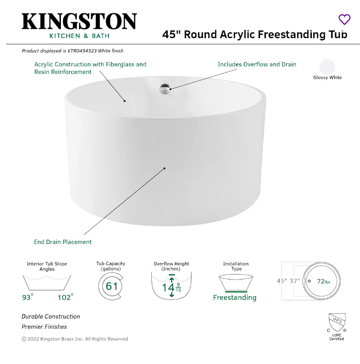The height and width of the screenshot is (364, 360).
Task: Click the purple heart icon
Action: point(345,20)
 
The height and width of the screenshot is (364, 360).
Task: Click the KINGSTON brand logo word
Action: point(79,21)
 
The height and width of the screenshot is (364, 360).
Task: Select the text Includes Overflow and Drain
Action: point(257,65)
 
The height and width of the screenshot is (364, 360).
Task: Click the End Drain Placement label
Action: point(63,242)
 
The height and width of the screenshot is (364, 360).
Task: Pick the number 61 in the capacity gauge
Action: point(111,286)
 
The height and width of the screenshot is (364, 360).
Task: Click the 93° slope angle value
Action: point(28,298)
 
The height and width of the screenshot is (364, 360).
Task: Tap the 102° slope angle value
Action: point(65,298)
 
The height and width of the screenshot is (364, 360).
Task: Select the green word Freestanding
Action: point(235,298)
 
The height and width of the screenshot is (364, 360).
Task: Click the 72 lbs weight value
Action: point(324,281)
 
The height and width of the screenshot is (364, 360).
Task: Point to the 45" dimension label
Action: point(282,281)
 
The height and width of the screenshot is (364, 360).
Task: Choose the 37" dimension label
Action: point(295,281)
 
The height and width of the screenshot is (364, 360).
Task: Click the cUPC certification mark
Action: point(336,326)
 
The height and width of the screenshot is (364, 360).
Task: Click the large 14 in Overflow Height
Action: point(168,287)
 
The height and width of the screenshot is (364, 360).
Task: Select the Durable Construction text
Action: point(50,316)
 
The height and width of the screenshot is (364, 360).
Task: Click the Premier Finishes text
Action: point(44,327)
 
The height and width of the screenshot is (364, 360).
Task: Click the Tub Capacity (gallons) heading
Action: point(110,266)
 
